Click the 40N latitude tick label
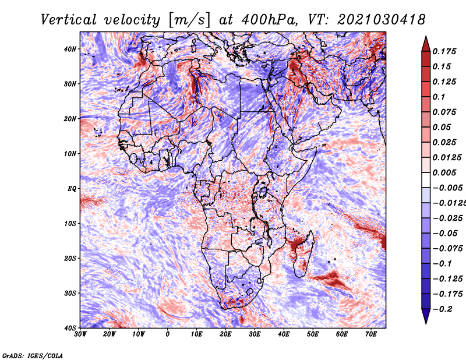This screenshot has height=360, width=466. tap(70, 49)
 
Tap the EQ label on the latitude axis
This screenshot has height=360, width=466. tap(72, 189)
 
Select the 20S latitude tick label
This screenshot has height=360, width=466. tap(70, 258)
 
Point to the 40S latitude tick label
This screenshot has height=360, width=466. tap(70, 328)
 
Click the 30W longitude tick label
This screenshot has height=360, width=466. tap(80, 334)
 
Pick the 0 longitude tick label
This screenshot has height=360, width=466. tap(168, 334)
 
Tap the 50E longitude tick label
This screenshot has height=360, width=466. tap(313, 334)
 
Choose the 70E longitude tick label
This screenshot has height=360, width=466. tap(371, 334)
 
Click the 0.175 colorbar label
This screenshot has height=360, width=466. tap(444, 52)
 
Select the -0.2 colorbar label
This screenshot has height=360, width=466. tap(442, 309)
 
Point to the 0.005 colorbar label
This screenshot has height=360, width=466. tap(444, 172)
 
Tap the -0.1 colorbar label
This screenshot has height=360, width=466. tap(442, 264)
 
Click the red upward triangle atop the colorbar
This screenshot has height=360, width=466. tap(426, 45)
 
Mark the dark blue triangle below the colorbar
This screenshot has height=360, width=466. tap(426, 316)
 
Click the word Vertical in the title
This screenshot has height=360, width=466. tap(69, 20)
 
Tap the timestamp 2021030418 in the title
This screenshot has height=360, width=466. tap(382, 20)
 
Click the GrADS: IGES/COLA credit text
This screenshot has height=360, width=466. tap(33, 355)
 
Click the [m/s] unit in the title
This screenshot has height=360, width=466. tap(189, 20)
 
